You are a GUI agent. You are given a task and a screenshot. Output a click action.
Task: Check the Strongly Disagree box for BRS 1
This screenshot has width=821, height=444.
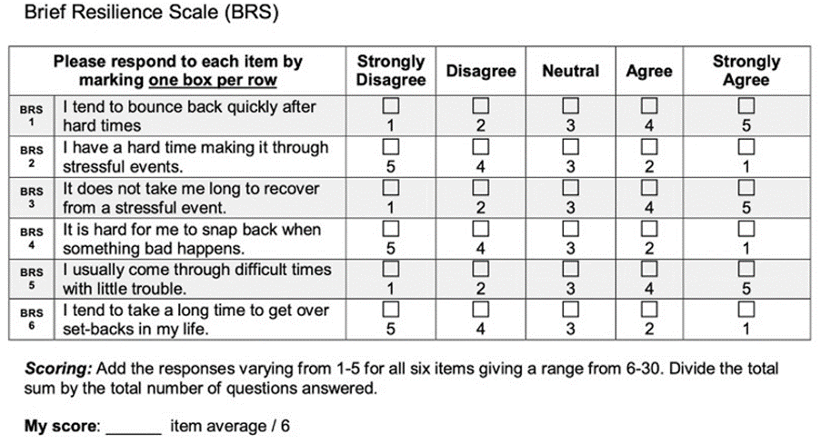(x=390, y=106)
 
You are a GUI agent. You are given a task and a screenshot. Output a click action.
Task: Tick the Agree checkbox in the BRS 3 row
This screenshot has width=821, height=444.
(x=648, y=188)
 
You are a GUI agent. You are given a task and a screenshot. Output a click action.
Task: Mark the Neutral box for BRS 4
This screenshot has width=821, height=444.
(x=570, y=229)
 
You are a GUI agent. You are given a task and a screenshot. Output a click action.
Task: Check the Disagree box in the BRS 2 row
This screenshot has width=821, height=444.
(x=481, y=147)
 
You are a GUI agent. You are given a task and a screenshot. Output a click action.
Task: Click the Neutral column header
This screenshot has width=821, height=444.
(x=570, y=71)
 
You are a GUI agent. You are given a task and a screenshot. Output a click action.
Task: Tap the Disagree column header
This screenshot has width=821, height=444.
(x=481, y=71)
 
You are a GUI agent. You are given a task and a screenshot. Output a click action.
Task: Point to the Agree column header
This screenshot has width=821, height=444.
(x=648, y=71)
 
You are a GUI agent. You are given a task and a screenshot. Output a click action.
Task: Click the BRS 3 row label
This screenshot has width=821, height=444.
(x=32, y=197)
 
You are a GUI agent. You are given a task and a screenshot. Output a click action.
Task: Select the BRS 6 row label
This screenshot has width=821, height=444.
(x=32, y=320)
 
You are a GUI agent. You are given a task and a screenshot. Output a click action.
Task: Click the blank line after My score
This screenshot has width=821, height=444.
(x=134, y=426)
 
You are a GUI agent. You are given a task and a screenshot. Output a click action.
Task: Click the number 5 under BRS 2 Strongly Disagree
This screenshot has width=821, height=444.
(x=390, y=167)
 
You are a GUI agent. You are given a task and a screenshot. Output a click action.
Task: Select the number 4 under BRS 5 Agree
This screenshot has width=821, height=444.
(x=648, y=290)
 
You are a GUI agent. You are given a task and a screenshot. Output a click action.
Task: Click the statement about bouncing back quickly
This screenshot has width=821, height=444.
(x=189, y=115)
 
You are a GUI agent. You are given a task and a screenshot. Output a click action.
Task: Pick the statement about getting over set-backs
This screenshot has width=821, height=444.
(x=195, y=320)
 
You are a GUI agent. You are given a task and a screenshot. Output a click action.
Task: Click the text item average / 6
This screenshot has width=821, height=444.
(x=230, y=425)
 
